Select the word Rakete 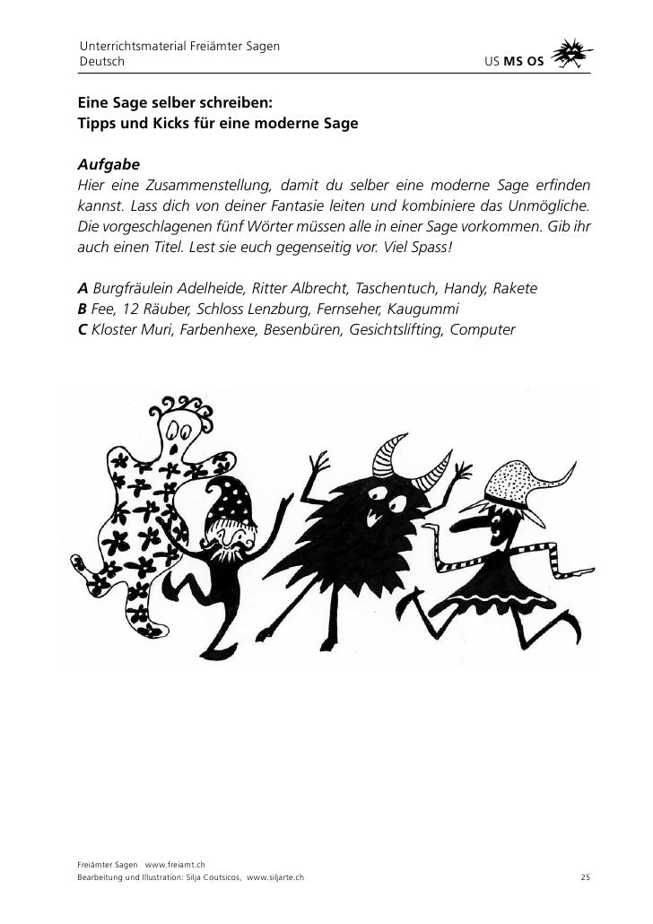[x=515, y=289]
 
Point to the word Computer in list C [x=483, y=329]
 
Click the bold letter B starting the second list [x=83, y=309]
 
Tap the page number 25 [x=585, y=876]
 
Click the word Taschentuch [x=399, y=289]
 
